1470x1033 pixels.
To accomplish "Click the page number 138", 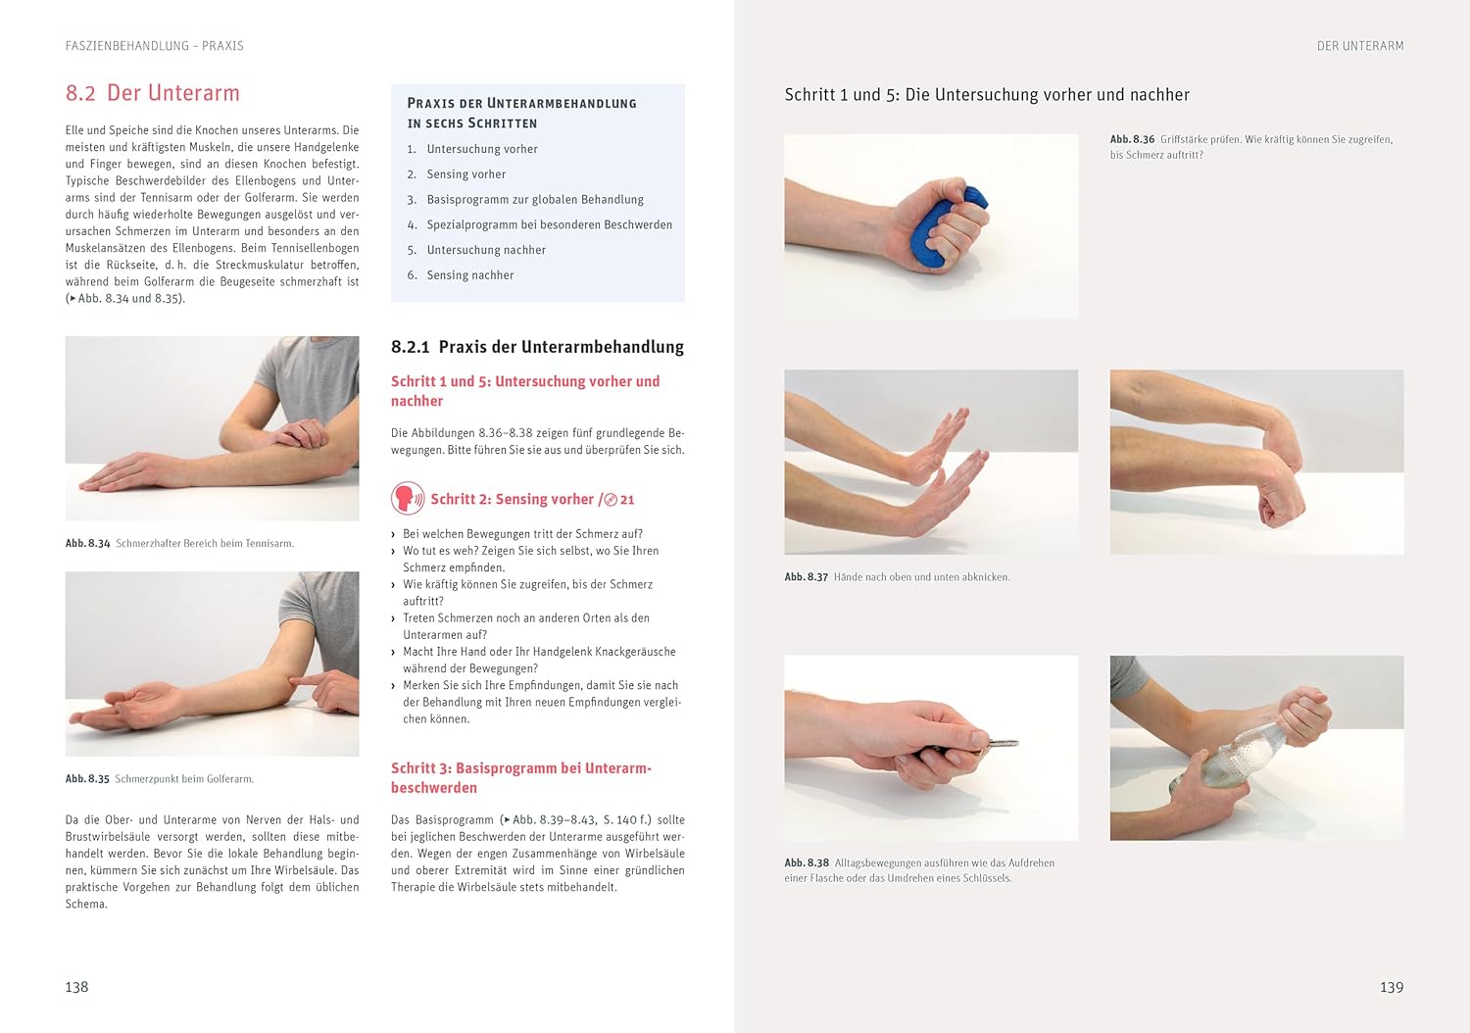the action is click(x=76, y=987).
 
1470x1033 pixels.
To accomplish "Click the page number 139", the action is click(x=1392, y=987).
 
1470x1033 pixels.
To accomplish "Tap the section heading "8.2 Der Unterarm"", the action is click(x=152, y=92).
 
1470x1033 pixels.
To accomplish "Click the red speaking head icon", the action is click(x=407, y=498).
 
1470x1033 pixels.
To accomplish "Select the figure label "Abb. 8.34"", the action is click(x=87, y=543).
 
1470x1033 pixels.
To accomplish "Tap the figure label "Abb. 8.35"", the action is click(x=87, y=779).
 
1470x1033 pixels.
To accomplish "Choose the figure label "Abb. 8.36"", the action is click(x=1132, y=139).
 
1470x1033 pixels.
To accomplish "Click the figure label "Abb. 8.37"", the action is click(x=807, y=577).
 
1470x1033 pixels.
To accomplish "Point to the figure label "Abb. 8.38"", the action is click(x=807, y=863).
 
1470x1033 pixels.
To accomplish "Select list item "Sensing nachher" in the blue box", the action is click(x=469, y=275).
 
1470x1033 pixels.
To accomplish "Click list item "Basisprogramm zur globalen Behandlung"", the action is click(x=535, y=200).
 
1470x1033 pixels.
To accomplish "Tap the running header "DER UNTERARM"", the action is click(x=1360, y=46).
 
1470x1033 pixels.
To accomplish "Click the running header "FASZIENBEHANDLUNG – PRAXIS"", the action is click(x=154, y=46).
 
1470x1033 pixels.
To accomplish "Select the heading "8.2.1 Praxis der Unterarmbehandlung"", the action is click(x=537, y=347).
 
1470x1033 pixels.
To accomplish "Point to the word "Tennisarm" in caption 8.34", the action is click(x=269, y=543).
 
